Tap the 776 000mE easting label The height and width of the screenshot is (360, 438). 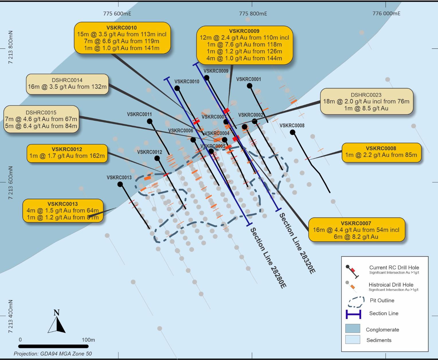point(386,13)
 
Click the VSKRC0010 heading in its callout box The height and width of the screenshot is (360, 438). point(122,28)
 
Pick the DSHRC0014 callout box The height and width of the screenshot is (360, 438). point(67,84)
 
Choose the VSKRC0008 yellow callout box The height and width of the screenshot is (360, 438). point(381,152)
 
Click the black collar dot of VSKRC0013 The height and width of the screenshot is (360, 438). point(120,184)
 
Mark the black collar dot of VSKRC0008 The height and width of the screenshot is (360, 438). point(292,132)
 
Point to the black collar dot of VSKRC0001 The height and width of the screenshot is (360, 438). point(249,86)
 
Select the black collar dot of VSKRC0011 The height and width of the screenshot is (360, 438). point(149,121)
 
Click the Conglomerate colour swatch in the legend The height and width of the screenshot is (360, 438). point(353,329)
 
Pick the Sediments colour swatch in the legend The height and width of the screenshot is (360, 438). point(353,340)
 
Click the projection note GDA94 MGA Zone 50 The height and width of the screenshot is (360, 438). point(53,354)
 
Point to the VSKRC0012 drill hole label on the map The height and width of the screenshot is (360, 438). point(150,152)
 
